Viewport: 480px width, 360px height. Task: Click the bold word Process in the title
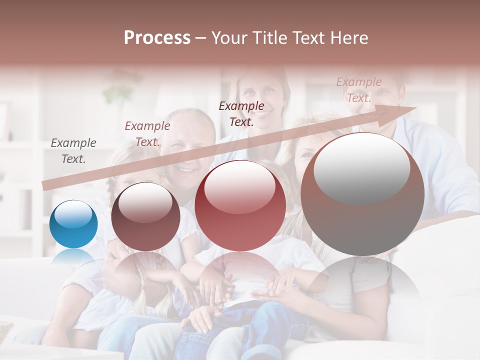(x=157, y=38)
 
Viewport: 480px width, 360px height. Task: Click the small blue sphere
(x=73, y=224)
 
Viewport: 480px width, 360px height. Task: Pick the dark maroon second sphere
(x=145, y=216)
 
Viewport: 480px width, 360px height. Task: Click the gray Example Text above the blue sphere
(x=73, y=150)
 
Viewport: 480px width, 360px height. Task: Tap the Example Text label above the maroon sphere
(x=147, y=133)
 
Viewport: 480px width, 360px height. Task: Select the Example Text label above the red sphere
(x=241, y=113)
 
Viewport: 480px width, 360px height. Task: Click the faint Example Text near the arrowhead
(x=358, y=89)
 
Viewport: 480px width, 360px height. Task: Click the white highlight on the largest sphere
(x=361, y=167)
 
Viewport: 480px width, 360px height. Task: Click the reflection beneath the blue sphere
(x=73, y=257)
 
